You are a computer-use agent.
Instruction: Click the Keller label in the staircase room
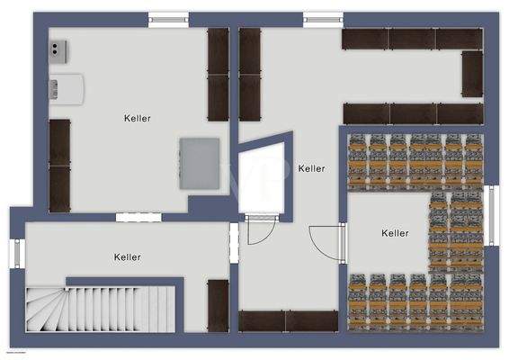click(128, 257)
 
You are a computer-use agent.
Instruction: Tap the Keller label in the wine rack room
click(395, 233)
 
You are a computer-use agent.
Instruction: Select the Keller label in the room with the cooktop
click(138, 118)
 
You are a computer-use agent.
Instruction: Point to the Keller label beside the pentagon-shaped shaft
click(311, 168)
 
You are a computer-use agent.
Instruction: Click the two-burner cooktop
click(60, 49)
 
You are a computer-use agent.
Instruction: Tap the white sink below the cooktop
click(67, 87)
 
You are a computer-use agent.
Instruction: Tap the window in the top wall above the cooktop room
click(169, 18)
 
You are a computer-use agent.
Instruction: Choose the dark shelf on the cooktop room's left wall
click(59, 165)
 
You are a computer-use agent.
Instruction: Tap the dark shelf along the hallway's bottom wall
click(286, 321)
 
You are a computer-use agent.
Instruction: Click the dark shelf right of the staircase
click(219, 305)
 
